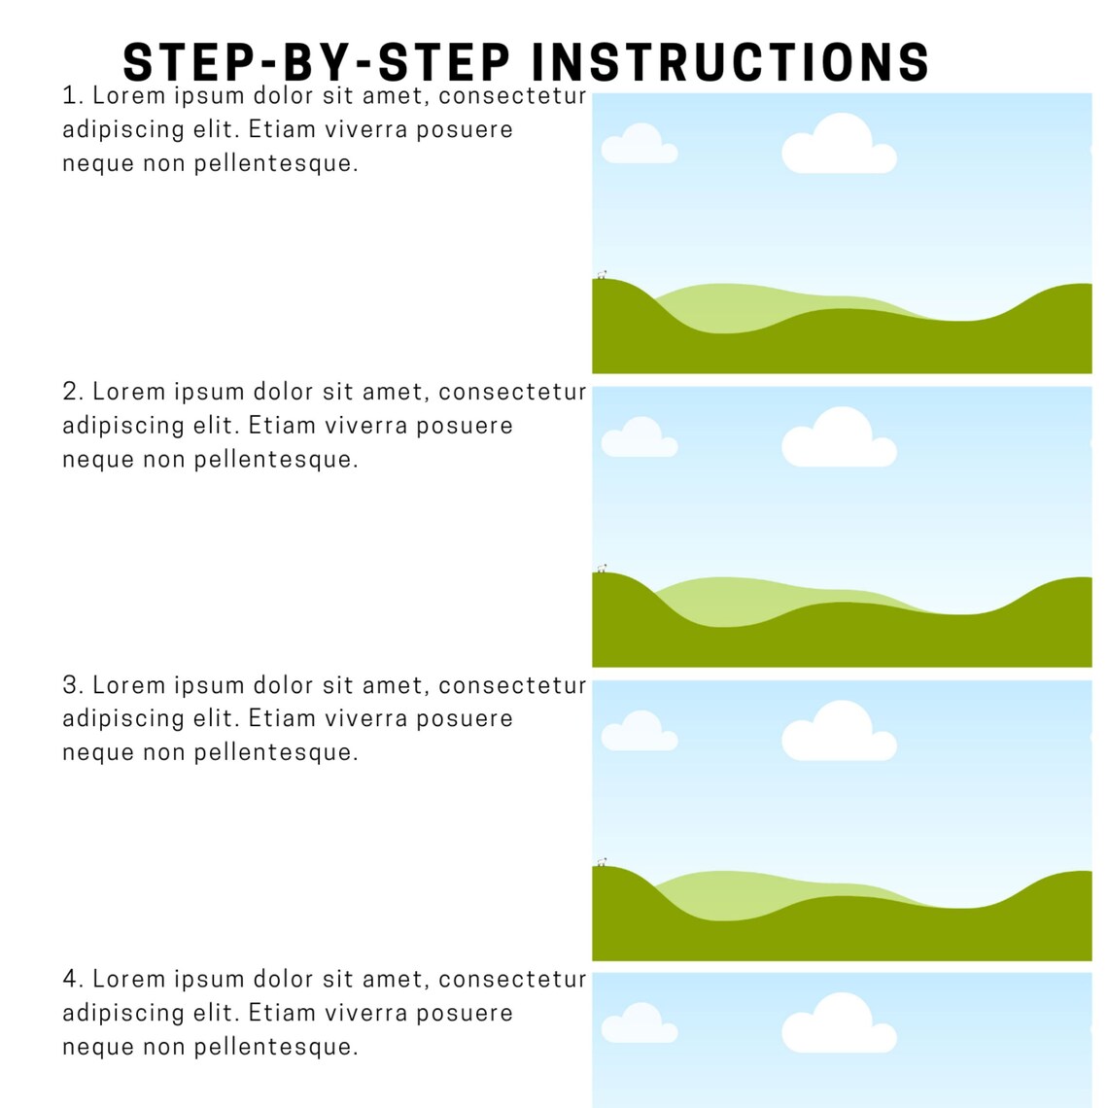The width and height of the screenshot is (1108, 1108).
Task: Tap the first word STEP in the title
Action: pyautogui.click(x=179, y=62)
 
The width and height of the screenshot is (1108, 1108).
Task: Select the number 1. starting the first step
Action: pyautogui.click(x=73, y=96)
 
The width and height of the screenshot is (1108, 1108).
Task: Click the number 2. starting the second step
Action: pyautogui.click(x=73, y=392)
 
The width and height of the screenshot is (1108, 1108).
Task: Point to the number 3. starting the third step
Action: pyautogui.click(x=73, y=685)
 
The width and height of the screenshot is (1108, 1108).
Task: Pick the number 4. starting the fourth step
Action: pyautogui.click(x=73, y=979)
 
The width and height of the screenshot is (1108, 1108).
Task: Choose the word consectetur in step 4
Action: pyautogui.click(x=512, y=979)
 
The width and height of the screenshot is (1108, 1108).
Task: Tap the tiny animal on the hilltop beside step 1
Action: pyautogui.click(x=602, y=275)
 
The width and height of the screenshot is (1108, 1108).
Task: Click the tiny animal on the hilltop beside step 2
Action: pyautogui.click(x=602, y=569)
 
